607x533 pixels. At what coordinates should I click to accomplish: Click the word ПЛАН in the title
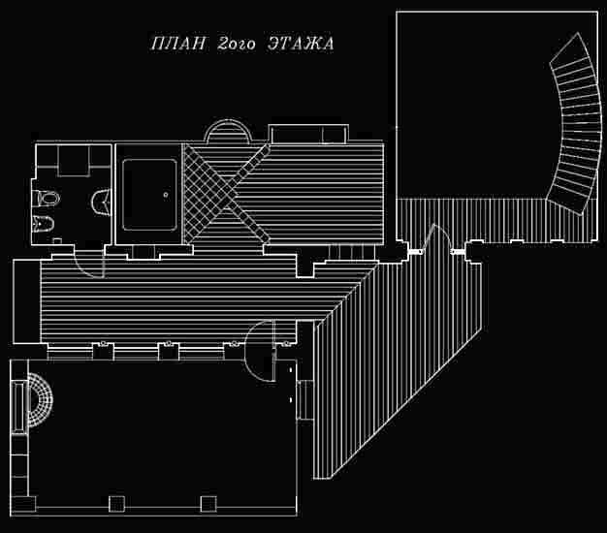pos(176,45)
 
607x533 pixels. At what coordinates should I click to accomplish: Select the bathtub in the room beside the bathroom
pos(148,194)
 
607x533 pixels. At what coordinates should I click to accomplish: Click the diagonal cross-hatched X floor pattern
pos(226,190)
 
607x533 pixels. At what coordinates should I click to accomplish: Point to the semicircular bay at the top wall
pos(230,132)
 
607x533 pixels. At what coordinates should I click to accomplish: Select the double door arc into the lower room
pos(262,349)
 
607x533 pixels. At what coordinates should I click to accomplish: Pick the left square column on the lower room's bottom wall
pos(117,503)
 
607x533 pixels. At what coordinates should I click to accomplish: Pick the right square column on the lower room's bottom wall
pos(207,503)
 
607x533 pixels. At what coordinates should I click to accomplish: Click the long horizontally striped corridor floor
pos(175,300)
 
